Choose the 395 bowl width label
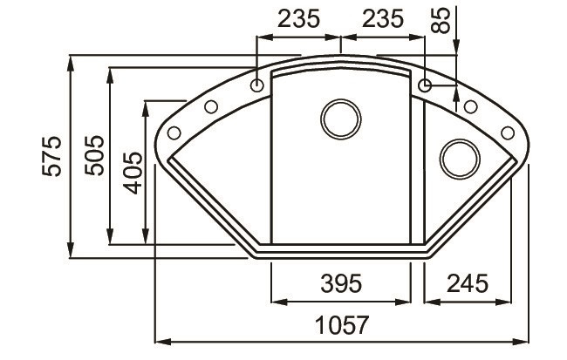click(340, 283)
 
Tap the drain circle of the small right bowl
click(457, 158)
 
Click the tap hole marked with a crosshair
click(425, 85)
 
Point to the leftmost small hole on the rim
click(173, 132)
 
